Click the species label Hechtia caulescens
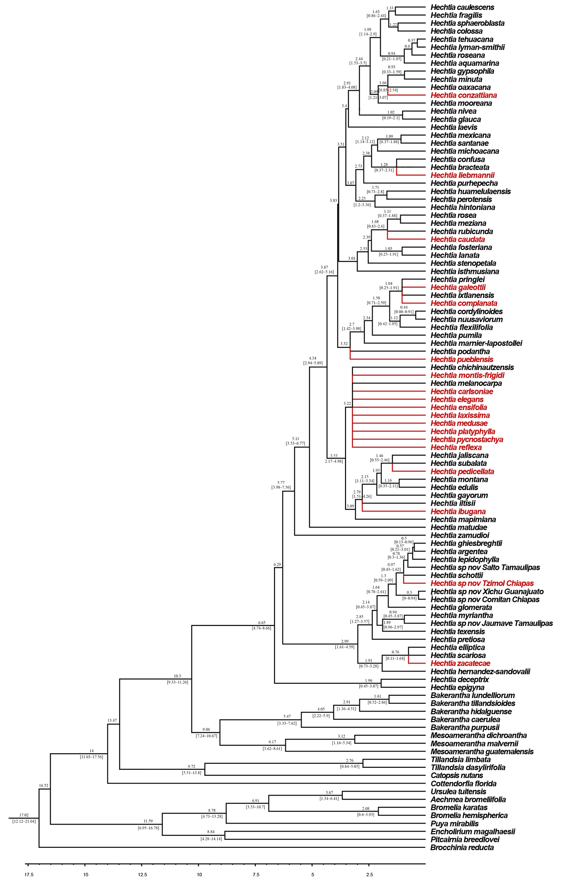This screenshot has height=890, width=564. pos(462,7)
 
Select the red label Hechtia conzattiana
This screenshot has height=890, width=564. pos(463,95)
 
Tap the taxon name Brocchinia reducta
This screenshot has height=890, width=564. pos(462,847)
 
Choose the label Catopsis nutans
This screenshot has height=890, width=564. pos(457,775)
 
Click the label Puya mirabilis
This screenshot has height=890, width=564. pos(454,824)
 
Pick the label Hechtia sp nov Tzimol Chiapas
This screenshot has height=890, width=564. pos(482,583)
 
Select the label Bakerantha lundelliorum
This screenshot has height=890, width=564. pos(472,695)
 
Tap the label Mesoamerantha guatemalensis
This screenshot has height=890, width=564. pos(482,752)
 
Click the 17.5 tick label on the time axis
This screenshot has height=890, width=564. pos(29,874)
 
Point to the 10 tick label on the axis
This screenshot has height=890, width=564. pos(199,874)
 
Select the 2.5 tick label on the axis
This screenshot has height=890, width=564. pos(369,874)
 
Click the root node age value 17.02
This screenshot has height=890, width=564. pos(24,815)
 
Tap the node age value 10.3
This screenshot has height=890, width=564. pos(177,676)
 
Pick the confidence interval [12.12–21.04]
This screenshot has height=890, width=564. pos(24,821)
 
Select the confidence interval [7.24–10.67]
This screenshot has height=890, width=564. pos(206,736)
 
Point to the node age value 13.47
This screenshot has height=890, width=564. pos(112,720)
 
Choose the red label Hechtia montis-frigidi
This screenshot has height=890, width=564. pos(467,375)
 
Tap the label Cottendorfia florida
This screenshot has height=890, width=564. pos(463,783)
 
